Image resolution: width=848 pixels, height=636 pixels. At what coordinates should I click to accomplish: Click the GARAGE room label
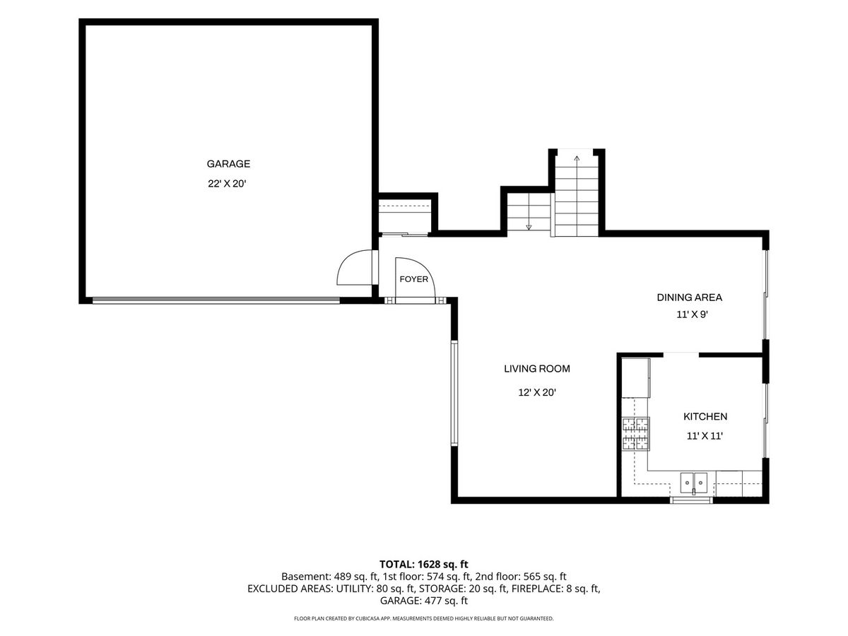click(228, 164)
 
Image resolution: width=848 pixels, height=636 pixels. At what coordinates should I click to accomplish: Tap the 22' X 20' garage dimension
click(227, 184)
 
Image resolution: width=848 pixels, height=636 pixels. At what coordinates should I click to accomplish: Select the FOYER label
click(414, 279)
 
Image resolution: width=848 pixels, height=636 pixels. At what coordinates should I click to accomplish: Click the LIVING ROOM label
click(537, 369)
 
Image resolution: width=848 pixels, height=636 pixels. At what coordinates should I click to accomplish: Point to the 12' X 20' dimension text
click(537, 392)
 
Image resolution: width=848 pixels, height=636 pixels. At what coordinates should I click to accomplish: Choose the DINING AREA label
click(690, 298)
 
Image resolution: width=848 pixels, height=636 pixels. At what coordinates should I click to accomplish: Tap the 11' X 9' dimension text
click(692, 314)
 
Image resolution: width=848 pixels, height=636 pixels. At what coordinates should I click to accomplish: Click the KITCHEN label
click(705, 416)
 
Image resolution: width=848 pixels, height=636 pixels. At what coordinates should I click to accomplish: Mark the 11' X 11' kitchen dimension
click(705, 436)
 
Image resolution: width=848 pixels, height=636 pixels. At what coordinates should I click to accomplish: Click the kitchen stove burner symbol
click(635, 434)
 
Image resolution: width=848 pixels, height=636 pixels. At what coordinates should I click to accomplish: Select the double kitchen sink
click(694, 483)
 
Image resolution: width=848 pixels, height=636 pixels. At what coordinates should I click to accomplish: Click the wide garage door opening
click(216, 300)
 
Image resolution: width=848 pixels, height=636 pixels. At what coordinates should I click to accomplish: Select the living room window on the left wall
click(454, 394)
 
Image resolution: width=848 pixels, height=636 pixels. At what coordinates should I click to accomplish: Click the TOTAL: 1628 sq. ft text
click(424, 565)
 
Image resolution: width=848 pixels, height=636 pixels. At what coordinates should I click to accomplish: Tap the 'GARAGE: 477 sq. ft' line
click(424, 601)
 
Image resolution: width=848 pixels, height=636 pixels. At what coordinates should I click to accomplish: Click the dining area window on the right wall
click(765, 295)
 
